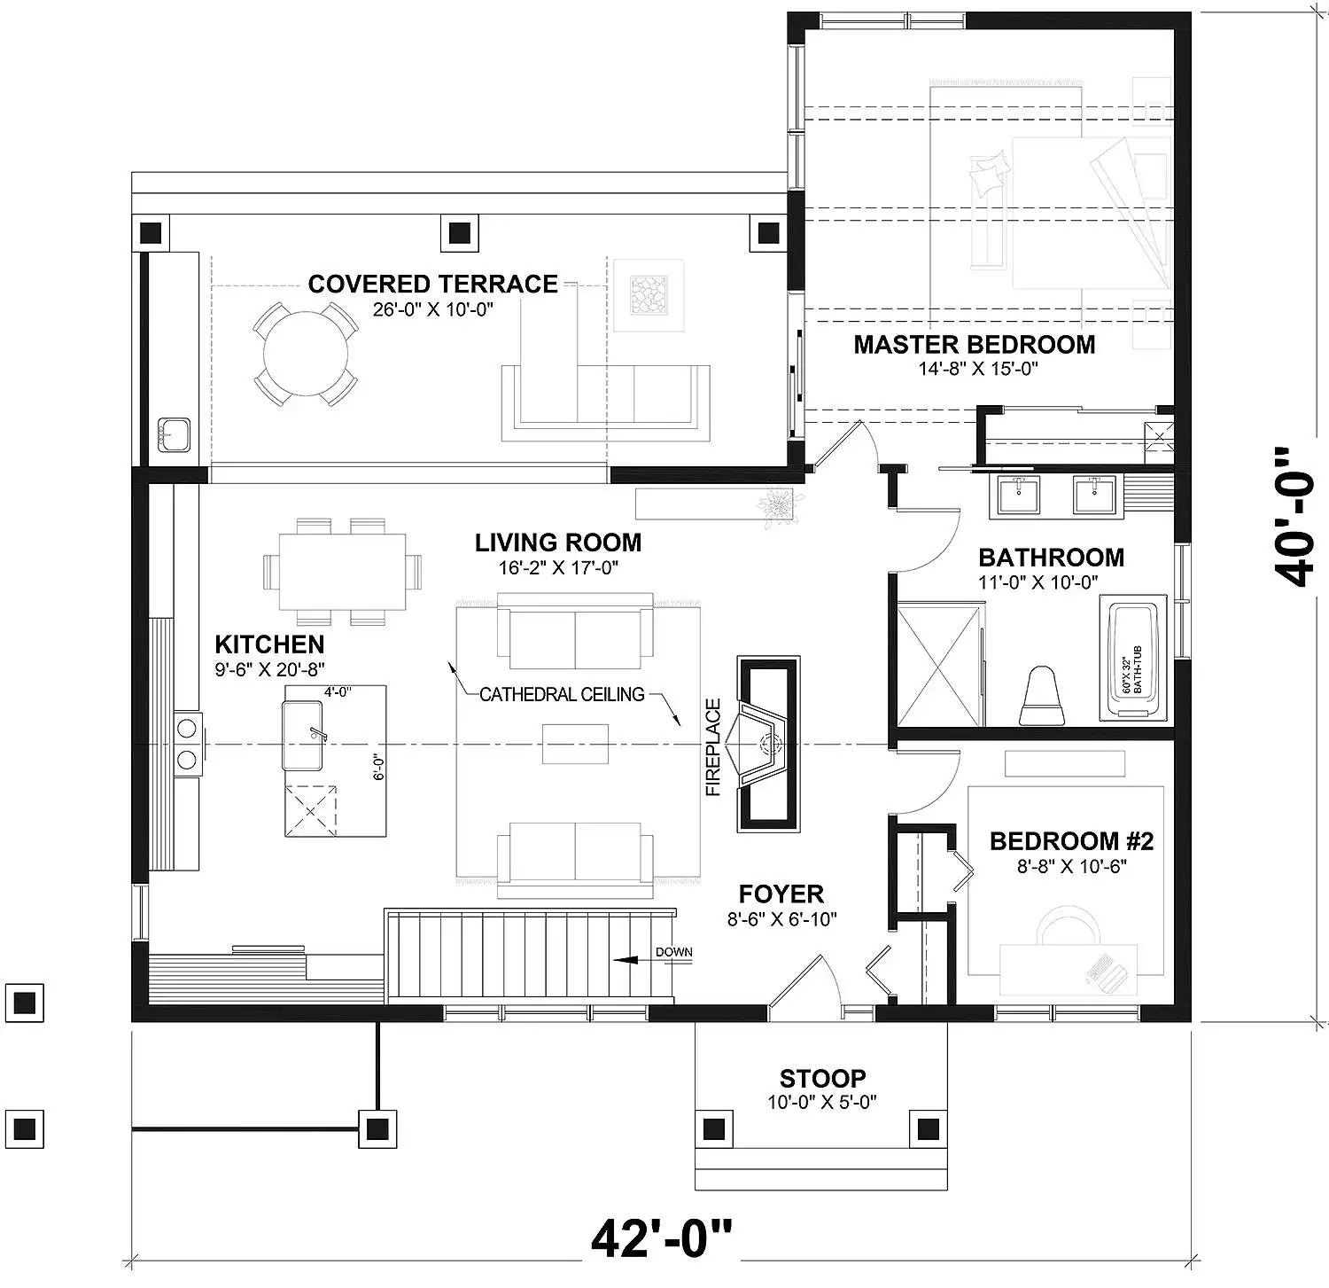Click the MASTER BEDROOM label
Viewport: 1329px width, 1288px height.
point(975,345)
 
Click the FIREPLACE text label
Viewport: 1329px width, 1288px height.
point(714,747)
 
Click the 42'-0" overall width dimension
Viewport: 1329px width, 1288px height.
point(662,1238)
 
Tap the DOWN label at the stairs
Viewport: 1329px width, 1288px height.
point(673,953)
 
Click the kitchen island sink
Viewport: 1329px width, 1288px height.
point(302,736)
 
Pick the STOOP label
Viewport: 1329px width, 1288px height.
point(822,1079)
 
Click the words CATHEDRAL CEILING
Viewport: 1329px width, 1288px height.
point(562,695)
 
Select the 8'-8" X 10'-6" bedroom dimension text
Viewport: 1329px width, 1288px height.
point(1071,866)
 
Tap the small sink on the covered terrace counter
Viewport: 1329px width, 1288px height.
point(175,433)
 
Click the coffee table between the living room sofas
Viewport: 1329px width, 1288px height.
point(575,743)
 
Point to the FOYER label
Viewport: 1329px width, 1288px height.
point(781,894)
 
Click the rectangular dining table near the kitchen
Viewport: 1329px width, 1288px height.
point(342,572)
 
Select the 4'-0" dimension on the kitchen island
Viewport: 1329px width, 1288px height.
point(338,692)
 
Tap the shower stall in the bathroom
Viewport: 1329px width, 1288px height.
point(940,665)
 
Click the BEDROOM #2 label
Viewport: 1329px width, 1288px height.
point(1071,840)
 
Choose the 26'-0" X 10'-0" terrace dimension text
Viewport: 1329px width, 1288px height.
point(432,309)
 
